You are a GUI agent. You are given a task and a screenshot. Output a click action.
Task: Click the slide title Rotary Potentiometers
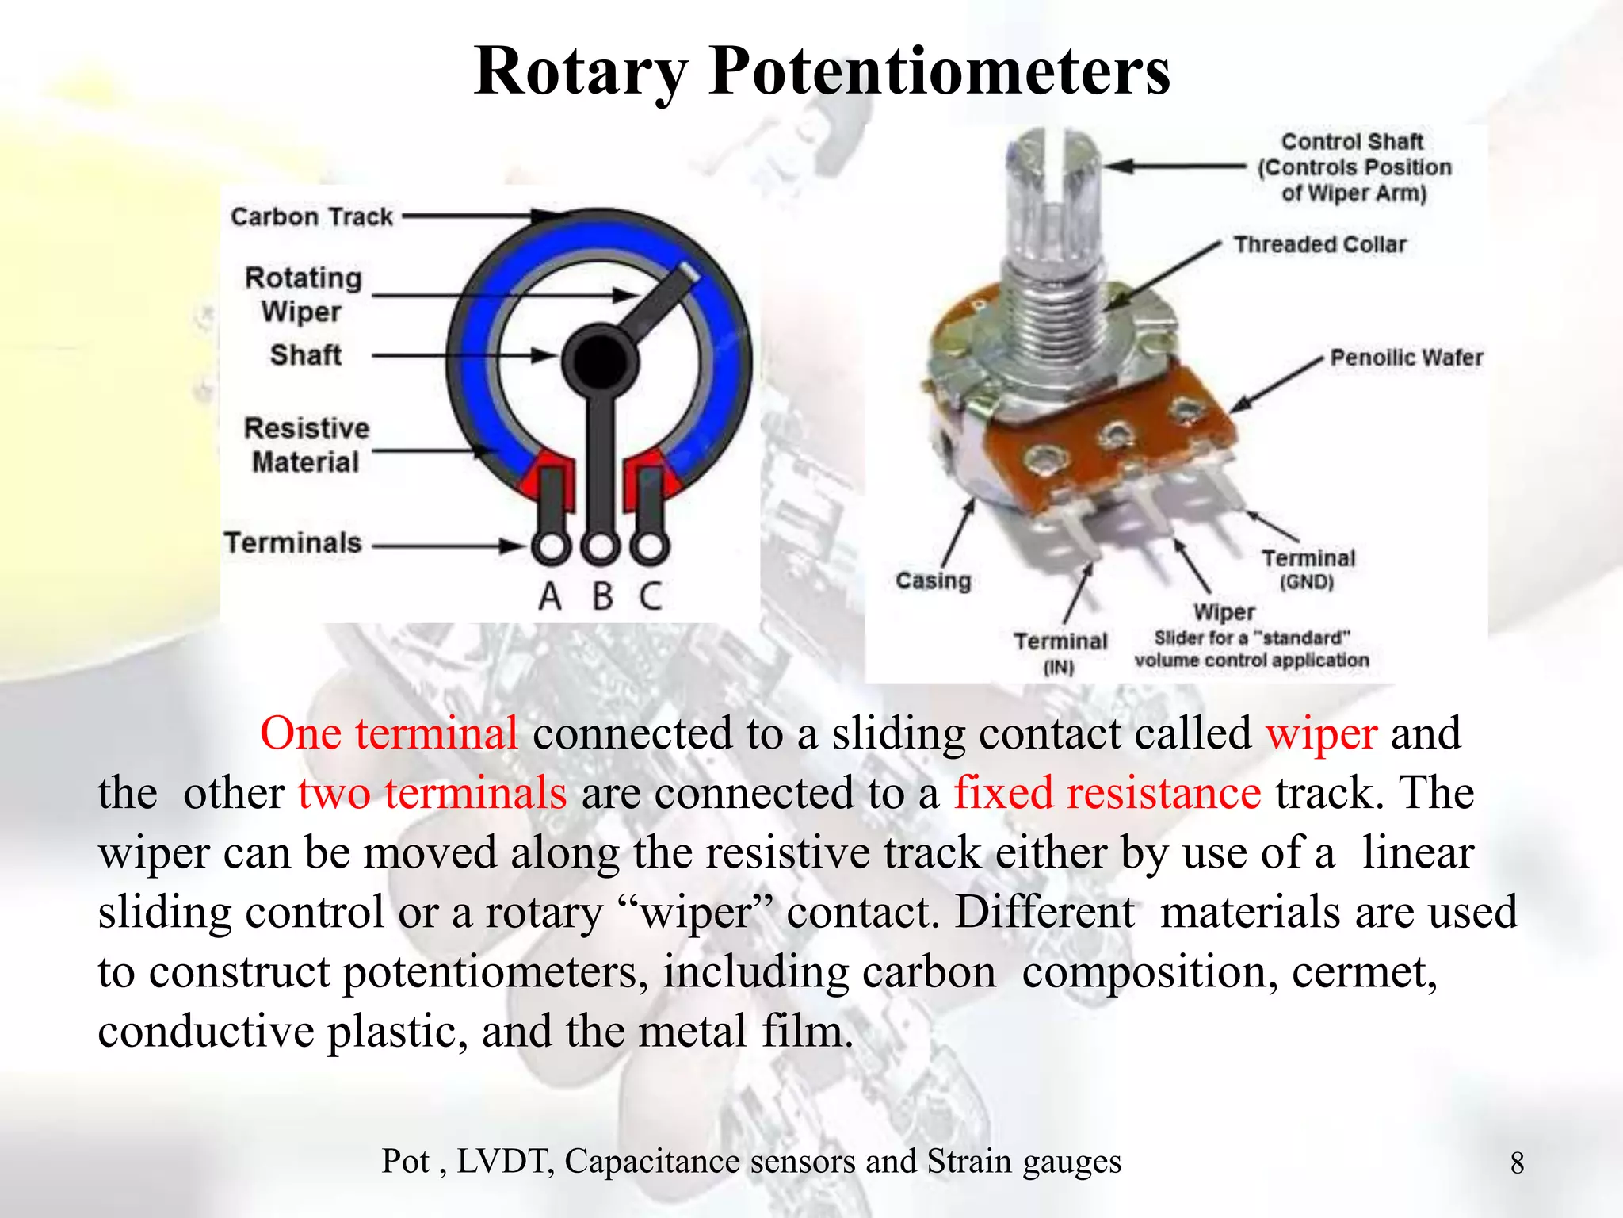click(x=822, y=71)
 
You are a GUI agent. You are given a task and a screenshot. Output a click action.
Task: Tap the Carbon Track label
click(x=311, y=216)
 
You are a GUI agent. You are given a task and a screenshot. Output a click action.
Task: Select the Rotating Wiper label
click(x=303, y=294)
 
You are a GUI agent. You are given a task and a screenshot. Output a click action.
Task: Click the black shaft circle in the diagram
click(x=600, y=361)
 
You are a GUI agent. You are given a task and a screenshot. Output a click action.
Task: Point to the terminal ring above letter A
click(x=551, y=546)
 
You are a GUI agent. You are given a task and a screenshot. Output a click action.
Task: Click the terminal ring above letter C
click(x=650, y=546)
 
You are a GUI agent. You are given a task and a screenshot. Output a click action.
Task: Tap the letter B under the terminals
click(x=602, y=596)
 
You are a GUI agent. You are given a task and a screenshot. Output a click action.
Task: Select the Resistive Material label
click(x=306, y=445)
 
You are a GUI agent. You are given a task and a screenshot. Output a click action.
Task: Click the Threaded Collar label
click(x=1319, y=244)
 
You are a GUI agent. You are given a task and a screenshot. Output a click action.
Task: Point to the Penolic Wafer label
click(x=1406, y=358)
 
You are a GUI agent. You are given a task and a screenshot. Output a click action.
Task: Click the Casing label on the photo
click(x=933, y=581)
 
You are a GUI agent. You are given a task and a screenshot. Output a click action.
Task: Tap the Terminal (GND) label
click(x=1308, y=569)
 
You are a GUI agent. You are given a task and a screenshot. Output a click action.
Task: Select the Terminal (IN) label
click(x=1060, y=653)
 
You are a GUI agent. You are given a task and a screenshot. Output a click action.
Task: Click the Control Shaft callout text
click(x=1354, y=167)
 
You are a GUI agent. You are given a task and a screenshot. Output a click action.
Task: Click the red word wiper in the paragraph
click(x=1321, y=733)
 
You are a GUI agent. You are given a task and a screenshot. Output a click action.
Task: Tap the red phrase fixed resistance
click(x=1107, y=793)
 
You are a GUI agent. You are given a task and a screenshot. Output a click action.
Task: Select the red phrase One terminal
click(x=388, y=733)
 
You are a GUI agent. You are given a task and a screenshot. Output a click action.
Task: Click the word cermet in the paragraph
click(x=1364, y=972)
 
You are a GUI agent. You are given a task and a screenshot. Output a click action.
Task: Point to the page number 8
click(x=1517, y=1163)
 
